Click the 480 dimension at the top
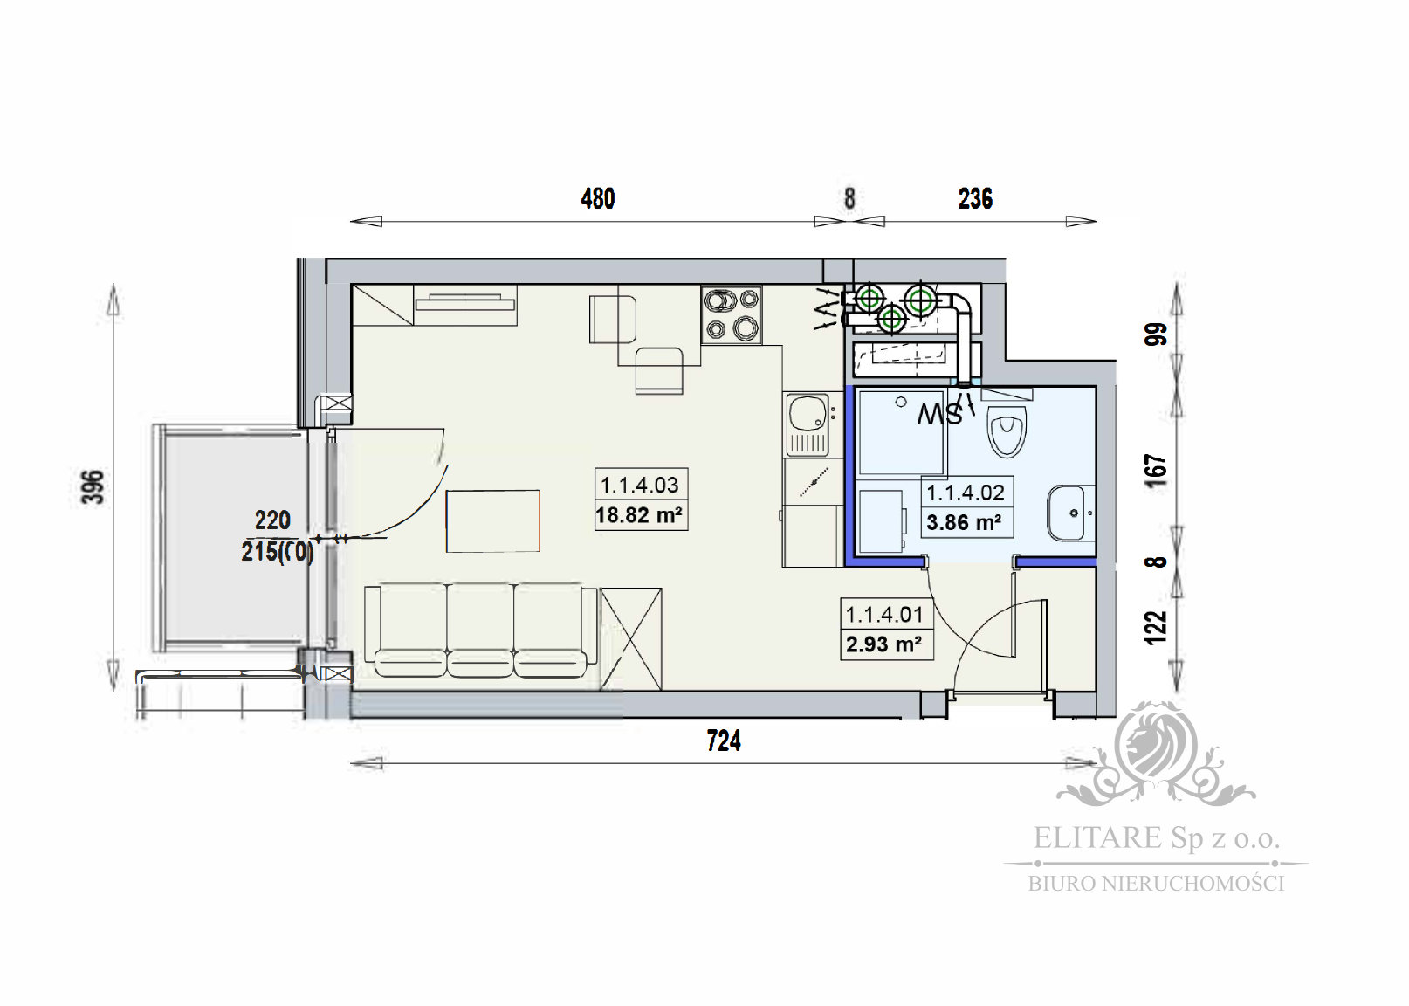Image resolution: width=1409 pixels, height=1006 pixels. pos(598,199)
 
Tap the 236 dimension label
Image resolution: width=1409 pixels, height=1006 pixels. pos(975,199)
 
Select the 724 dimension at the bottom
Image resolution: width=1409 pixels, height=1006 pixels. pos(724,741)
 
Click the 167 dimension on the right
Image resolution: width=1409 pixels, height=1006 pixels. pos(1156,471)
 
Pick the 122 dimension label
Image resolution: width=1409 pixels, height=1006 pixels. pos(1156,627)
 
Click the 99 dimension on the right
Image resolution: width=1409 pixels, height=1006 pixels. pos(1156,335)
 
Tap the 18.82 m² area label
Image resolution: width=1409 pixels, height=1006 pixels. pos(638,515)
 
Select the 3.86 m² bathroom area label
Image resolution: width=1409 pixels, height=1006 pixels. pos(964,523)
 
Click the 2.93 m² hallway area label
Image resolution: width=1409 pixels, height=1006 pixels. pos(883,644)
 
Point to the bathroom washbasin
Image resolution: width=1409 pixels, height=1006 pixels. pos(1069,513)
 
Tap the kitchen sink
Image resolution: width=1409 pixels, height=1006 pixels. pos(807,424)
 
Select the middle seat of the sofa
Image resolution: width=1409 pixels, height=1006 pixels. pos(480,630)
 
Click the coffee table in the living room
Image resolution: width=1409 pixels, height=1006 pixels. pos(492,520)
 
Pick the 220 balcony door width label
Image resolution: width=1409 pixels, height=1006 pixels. pos(272,520)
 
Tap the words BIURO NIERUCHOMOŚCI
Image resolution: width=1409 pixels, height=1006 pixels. pos(1156,884)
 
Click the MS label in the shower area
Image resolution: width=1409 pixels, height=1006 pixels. pos(939,415)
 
